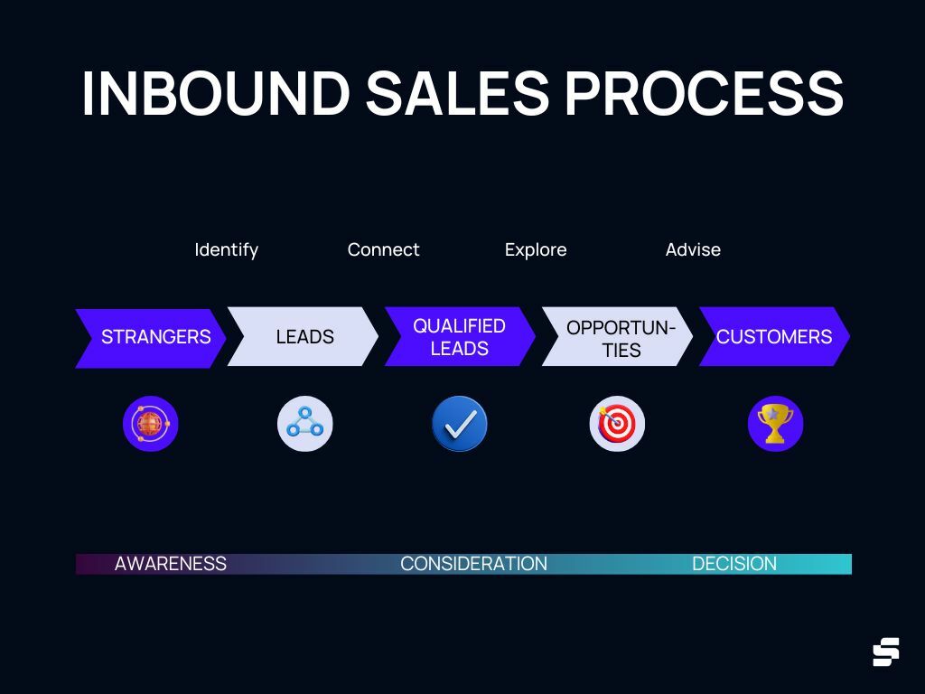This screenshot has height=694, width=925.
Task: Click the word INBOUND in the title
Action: (x=214, y=92)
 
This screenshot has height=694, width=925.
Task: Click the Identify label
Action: (x=226, y=249)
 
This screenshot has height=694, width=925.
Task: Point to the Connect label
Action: (x=383, y=249)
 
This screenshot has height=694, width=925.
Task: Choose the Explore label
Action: (x=536, y=249)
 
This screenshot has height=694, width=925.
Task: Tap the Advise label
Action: (x=693, y=249)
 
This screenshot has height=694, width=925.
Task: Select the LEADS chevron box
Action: (x=304, y=337)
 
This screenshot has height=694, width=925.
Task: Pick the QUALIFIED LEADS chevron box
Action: (x=460, y=337)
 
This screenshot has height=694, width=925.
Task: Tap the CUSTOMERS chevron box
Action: (x=774, y=337)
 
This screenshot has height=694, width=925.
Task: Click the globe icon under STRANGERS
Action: (x=151, y=424)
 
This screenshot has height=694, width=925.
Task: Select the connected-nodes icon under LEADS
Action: (x=304, y=424)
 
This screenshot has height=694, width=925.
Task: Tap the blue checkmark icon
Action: (x=460, y=424)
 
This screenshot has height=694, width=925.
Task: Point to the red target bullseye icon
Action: (x=617, y=424)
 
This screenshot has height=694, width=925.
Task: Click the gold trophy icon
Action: (x=775, y=424)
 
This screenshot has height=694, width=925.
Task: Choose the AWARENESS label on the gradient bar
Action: (x=171, y=564)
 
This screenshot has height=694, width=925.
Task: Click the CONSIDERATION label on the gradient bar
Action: (x=473, y=564)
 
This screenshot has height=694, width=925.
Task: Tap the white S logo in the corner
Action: (x=885, y=652)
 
